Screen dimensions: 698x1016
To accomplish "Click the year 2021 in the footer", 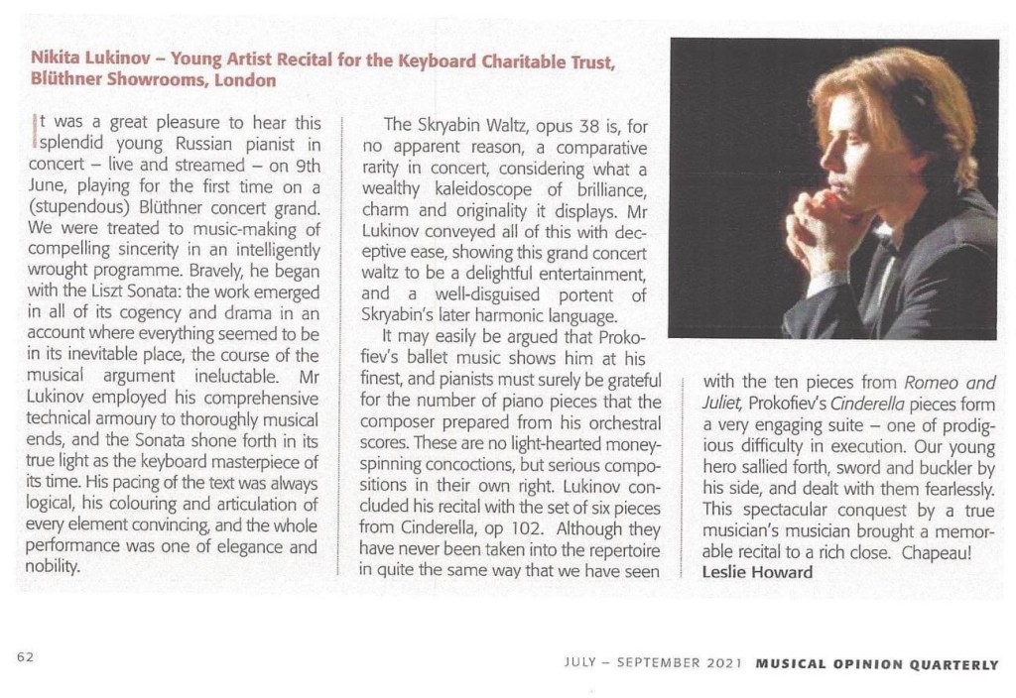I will (x=719, y=665).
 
